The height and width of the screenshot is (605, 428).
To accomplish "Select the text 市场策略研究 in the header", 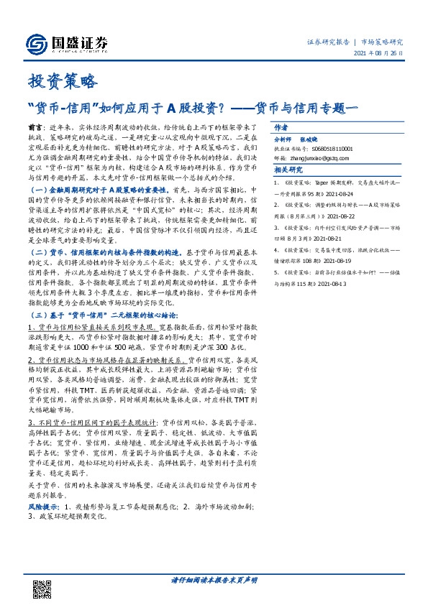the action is pos(381,42).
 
